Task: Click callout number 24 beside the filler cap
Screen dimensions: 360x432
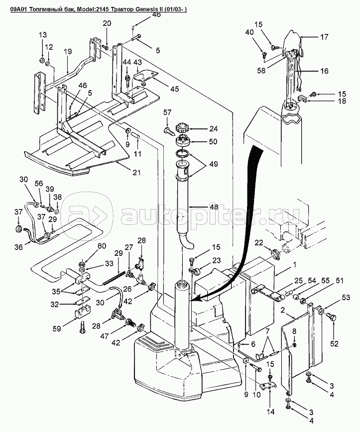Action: [x=213, y=129]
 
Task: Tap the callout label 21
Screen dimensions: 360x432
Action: [x=136, y=173]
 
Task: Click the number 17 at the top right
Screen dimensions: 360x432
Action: [x=324, y=37]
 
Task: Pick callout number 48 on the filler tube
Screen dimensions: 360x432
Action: [x=213, y=207]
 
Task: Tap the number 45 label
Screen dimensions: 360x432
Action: [x=174, y=89]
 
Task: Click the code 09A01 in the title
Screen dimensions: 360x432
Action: [x=18, y=9]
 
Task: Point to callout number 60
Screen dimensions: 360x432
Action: [x=102, y=246]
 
